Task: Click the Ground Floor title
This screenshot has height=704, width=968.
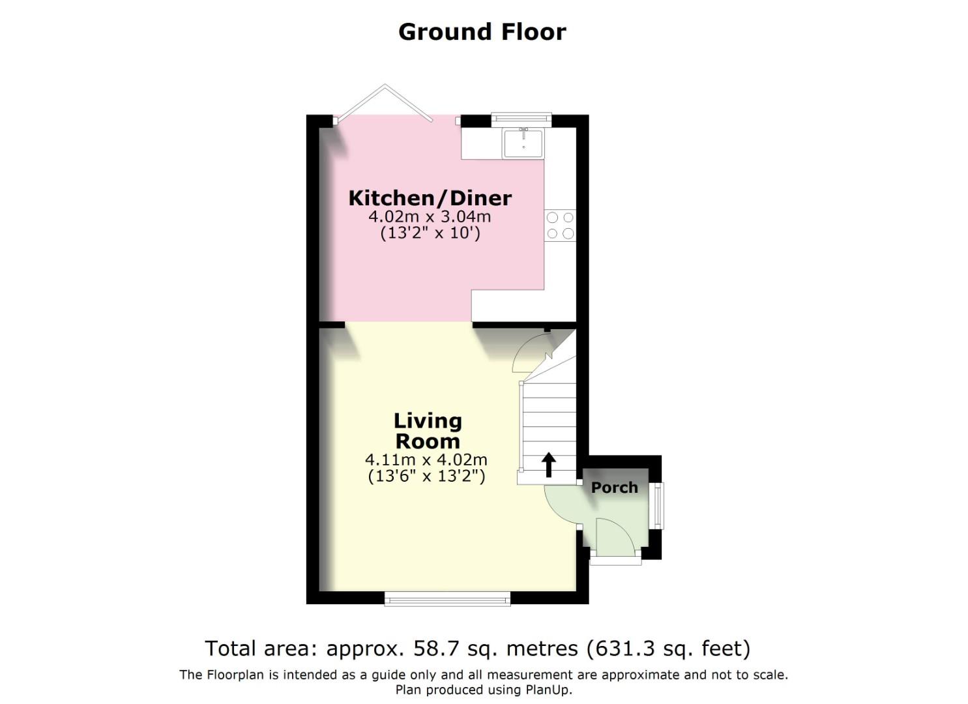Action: [482, 31]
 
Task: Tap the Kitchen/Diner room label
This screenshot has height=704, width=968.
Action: [430, 198]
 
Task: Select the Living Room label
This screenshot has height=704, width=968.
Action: [428, 431]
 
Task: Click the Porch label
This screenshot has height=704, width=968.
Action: [614, 487]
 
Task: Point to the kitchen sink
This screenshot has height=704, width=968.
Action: [523, 143]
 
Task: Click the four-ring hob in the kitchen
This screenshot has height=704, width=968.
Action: [560, 226]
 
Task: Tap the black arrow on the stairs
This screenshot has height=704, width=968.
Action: [548, 464]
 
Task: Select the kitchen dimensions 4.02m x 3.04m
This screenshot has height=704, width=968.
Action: [430, 216]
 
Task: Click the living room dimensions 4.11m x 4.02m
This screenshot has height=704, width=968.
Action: [426, 460]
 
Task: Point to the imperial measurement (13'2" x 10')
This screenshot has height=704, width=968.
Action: [430, 233]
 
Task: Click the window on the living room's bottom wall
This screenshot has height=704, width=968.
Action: [447, 598]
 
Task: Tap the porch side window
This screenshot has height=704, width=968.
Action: [658, 505]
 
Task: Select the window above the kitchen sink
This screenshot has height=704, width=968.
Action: [521, 119]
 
